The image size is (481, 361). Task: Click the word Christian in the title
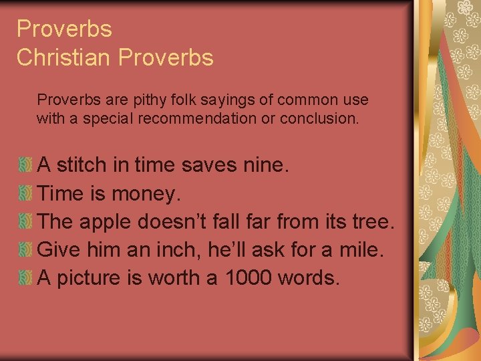click(64, 57)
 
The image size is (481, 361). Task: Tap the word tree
click(376, 222)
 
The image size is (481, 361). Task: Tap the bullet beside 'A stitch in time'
click(25, 164)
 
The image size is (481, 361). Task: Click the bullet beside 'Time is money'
click(25, 193)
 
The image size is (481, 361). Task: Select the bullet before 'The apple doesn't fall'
click(25, 221)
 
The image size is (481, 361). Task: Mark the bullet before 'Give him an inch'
click(25, 250)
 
